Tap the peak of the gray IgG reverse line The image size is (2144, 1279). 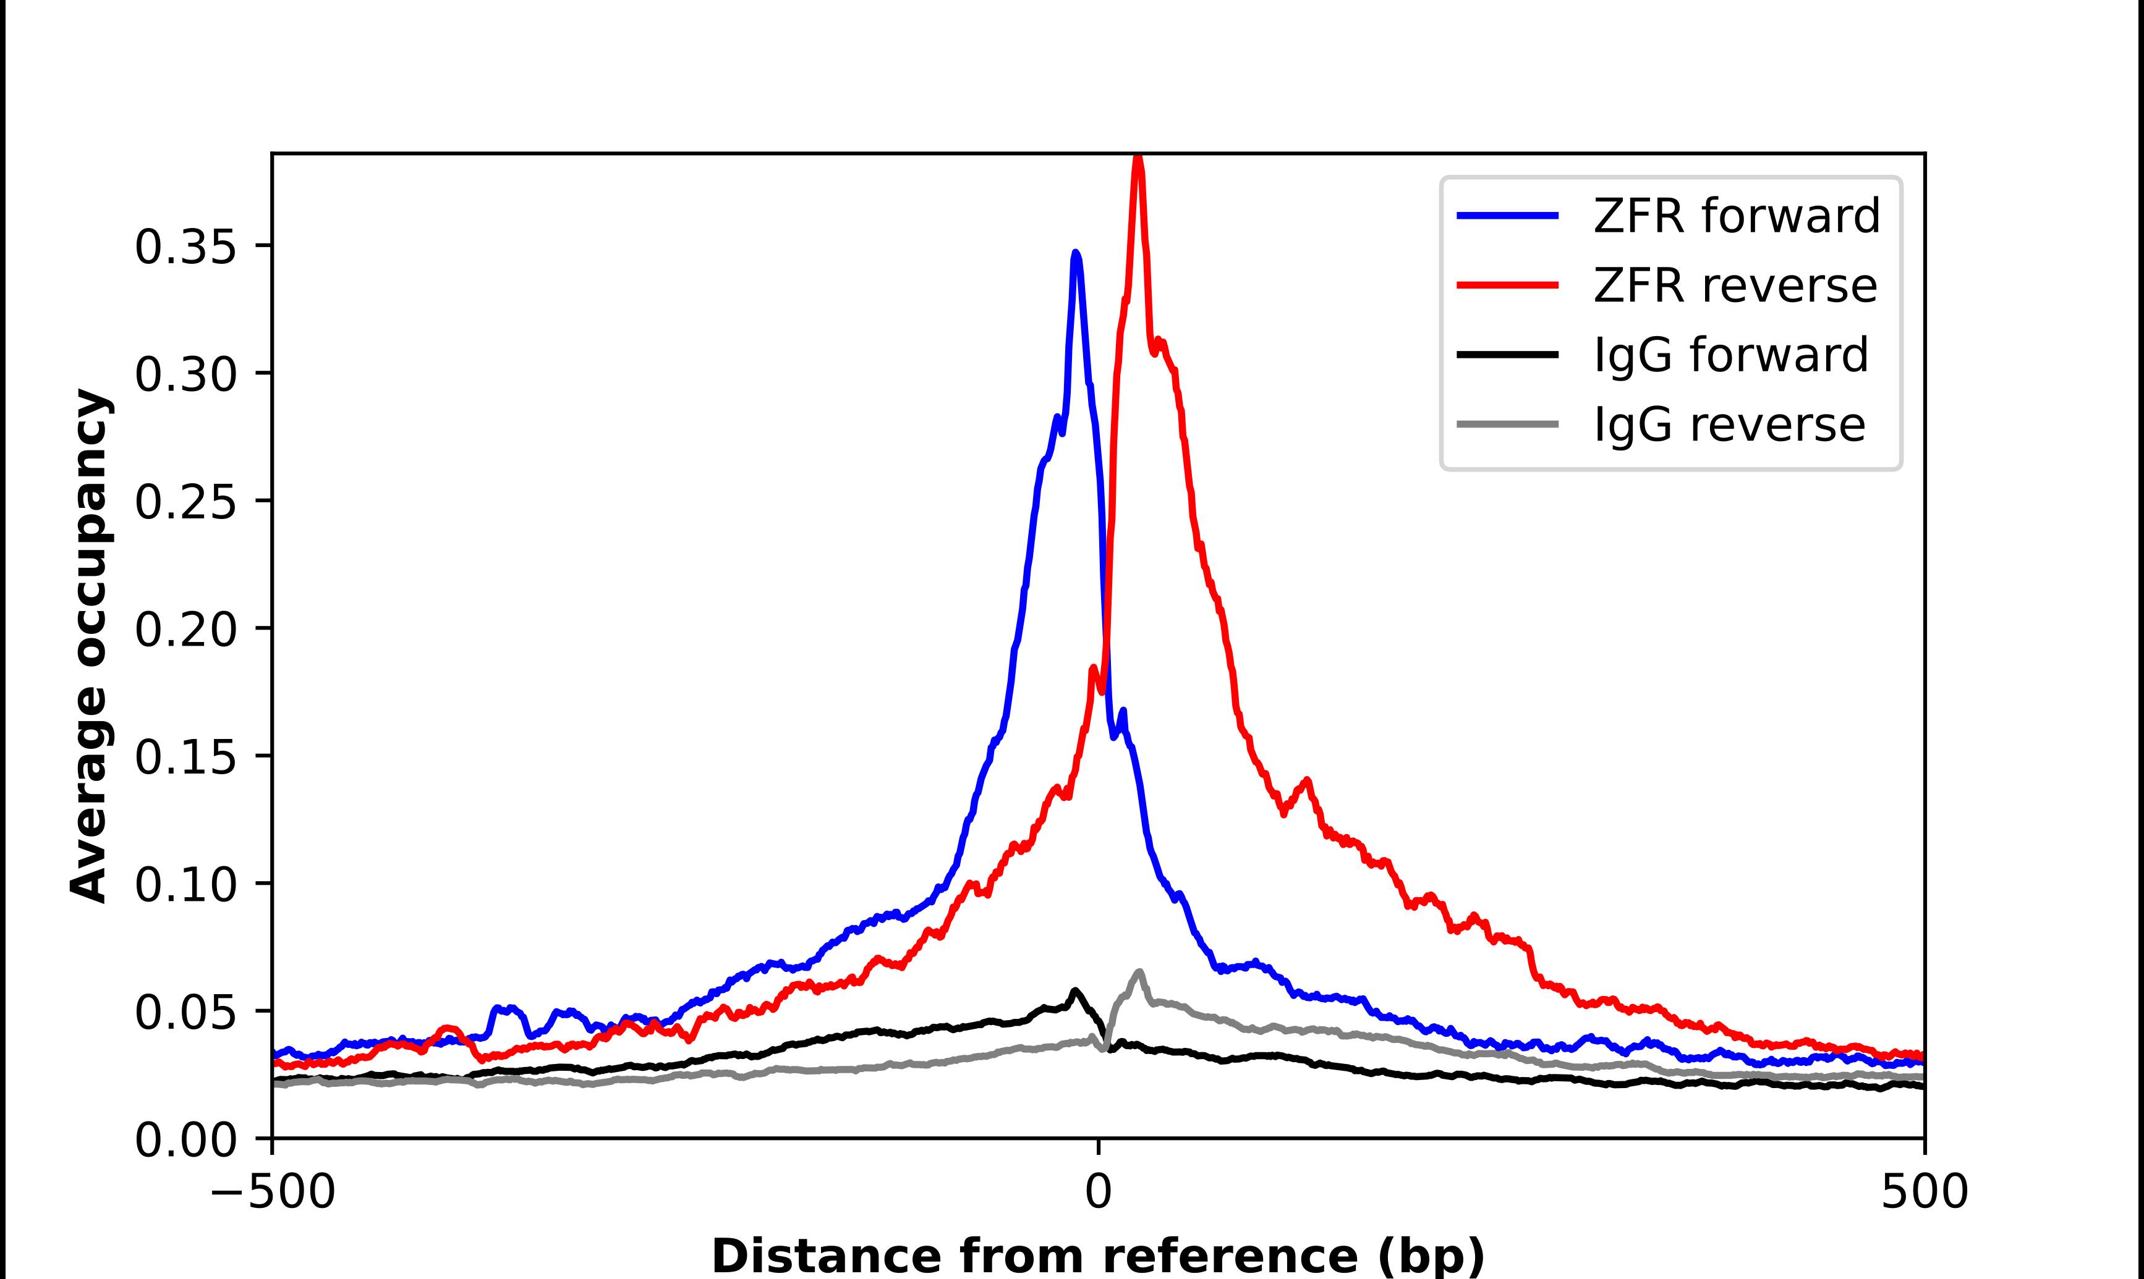click(1139, 972)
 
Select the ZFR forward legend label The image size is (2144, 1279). click(1736, 216)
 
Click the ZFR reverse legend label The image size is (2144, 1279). click(1735, 285)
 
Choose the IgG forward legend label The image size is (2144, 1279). click(1731, 355)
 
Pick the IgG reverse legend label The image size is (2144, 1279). click(1729, 425)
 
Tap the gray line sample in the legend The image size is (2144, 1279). click(1507, 424)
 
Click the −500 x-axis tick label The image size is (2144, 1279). click(273, 1193)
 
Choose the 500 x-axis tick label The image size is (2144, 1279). click(1924, 1193)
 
